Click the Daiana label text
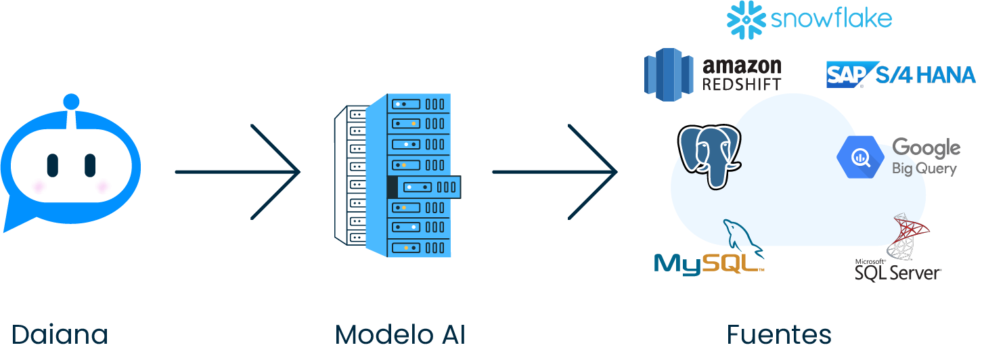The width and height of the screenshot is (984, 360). pos(60,335)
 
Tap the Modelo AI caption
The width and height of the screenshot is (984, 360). pos(400,335)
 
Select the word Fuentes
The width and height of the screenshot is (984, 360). pos(779,335)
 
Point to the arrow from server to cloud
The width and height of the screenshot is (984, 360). pos(555,172)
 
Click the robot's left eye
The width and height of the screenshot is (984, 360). pos(52,164)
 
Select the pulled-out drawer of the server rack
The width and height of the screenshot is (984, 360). pos(424,187)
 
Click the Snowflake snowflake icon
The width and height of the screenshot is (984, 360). pos(744,20)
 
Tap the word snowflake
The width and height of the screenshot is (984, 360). pos(831,19)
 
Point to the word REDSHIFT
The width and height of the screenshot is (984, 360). pos(742,84)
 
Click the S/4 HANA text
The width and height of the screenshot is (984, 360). pos(925,74)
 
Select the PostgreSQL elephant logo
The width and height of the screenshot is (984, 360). pos(709,156)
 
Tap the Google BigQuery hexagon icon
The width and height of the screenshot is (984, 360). pos(860,156)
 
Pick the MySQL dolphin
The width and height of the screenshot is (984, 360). pos(740,237)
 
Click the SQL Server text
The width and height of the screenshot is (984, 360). pos(897,272)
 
